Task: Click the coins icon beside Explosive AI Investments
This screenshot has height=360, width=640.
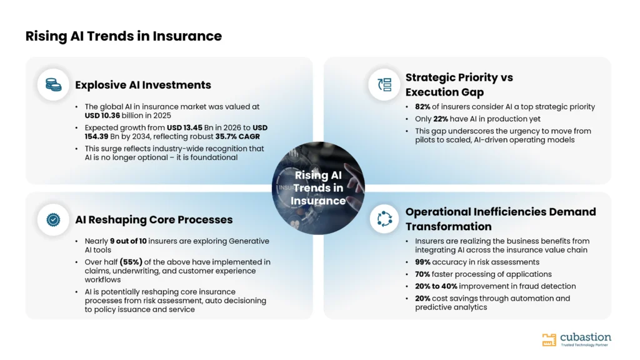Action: (x=53, y=84)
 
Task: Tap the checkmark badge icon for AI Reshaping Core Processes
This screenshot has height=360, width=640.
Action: (x=53, y=219)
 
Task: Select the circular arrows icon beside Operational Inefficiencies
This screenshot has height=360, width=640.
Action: (x=384, y=219)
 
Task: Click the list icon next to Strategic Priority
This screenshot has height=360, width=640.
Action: (x=384, y=84)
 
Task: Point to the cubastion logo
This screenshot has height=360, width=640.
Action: (x=576, y=339)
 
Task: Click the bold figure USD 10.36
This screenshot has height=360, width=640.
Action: (x=102, y=116)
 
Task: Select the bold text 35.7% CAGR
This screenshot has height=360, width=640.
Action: (x=237, y=136)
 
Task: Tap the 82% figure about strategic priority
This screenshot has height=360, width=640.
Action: (x=422, y=107)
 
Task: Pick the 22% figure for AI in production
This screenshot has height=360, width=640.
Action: (x=441, y=119)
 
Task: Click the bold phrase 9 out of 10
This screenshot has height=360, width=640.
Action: (x=128, y=241)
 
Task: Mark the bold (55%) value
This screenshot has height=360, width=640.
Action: (x=131, y=262)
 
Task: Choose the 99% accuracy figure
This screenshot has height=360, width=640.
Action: (x=422, y=262)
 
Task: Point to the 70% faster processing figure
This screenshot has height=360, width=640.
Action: (x=422, y=274)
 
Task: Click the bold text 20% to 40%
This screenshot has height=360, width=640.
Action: (x=436, y=286)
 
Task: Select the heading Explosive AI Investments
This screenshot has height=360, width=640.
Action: (x=143, y=85)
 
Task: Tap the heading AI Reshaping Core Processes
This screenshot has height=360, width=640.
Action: (x=154, y=219)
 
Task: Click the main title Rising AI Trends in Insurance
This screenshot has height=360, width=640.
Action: (x=124, y=36)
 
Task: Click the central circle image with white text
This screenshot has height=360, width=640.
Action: (x=318, y=188)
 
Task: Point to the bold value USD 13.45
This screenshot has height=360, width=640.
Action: (x=184, y=127)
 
